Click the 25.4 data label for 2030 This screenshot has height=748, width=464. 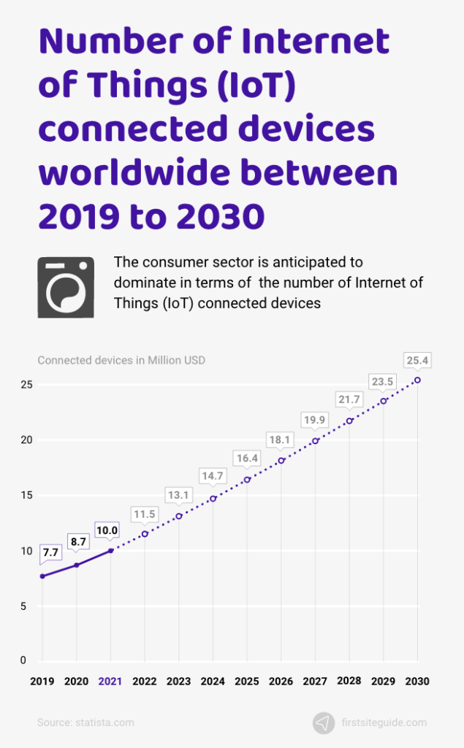click(x=417, y=360)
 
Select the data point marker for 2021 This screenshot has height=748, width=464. click(x=110, y=551)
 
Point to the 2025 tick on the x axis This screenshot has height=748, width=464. click(x=247, y=681)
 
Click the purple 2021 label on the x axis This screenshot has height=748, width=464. click(x=110, y=681)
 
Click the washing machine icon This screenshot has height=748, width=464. click(x=66, y=287)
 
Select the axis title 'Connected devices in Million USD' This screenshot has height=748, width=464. click(x=121, y=359)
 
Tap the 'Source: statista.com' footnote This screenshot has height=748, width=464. click(x=85, y=722)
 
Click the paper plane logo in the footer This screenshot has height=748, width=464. click(x=324, y=722)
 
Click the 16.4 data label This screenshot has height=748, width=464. click(x=247, y=458)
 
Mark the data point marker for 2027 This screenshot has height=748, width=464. click(x=315, y=440)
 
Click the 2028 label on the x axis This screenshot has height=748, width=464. click(x=349, y=681)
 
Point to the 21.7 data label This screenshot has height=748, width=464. click(x=349, y=400)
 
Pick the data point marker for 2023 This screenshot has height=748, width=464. click(x=179, y=516)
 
